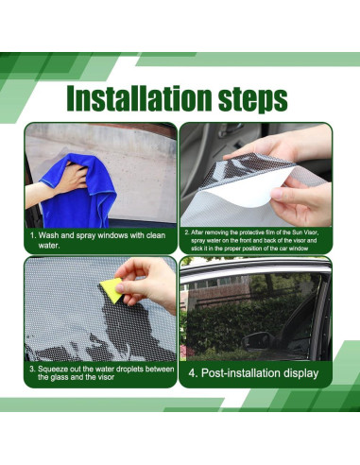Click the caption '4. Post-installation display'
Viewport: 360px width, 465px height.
click(254, 373)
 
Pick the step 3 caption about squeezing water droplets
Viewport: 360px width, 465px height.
click(100, 372)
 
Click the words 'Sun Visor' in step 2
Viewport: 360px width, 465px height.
click(306, 230)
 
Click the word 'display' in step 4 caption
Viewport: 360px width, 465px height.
click(300, 373)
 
